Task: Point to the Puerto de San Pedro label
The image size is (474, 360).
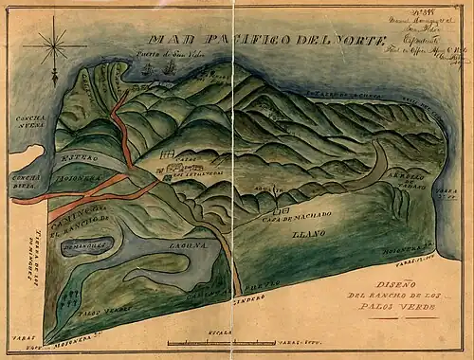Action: click(188, 54)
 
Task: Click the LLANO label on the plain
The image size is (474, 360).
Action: click(308, 232)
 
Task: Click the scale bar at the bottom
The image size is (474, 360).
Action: click(221, 341)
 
